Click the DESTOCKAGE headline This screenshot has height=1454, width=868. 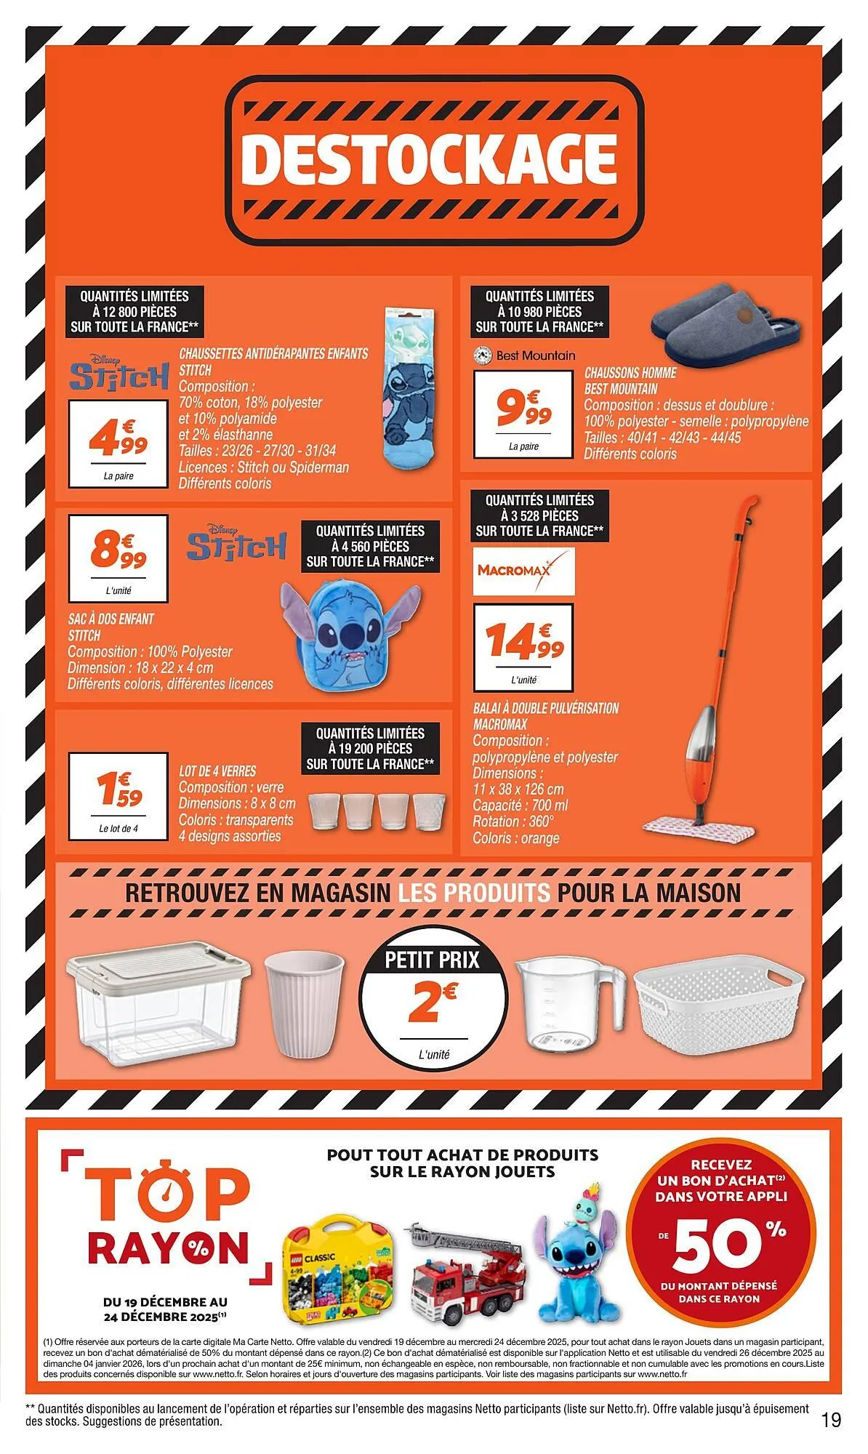pos(434,158)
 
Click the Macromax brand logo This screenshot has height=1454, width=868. pos(513,570)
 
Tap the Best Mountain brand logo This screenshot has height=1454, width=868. pos(523,356)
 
